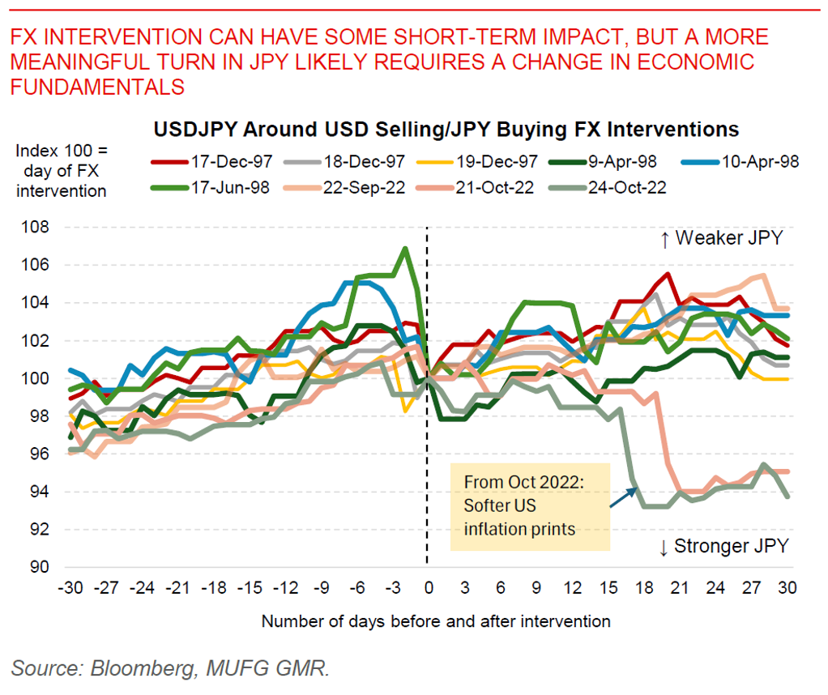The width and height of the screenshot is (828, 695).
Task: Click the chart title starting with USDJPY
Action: coord(445,129)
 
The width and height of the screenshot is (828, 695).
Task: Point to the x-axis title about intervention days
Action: coord(435,621)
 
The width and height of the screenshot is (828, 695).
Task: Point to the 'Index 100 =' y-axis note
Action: coord(61,151)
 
